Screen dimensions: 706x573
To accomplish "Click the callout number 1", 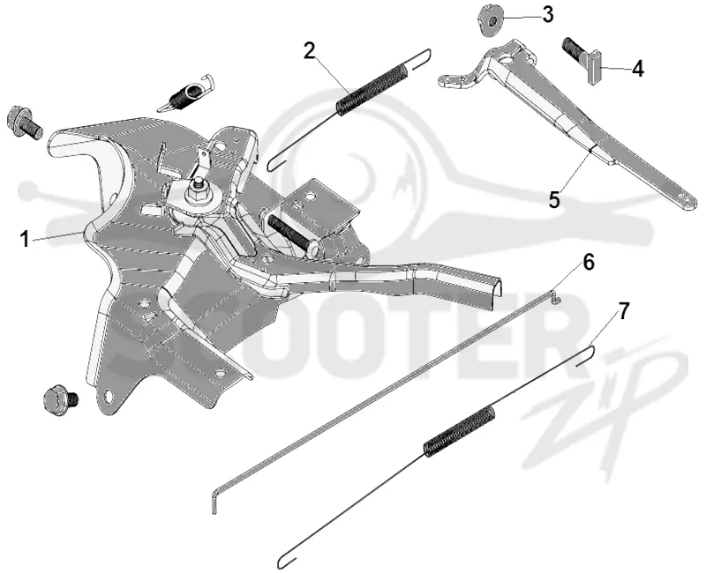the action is pos(25,239).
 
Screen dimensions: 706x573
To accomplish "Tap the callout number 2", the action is pos(309,51).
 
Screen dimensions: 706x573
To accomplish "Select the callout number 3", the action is pos(547,14).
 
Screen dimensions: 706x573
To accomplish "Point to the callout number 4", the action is pos(637,69).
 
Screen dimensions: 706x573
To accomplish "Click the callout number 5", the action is pos(554,199).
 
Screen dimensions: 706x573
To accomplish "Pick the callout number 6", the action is pos(589,263).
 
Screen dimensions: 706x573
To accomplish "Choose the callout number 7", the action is pos(623,311).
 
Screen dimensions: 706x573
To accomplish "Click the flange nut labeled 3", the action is pos(489,20).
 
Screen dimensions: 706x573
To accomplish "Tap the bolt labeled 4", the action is pos(582,60).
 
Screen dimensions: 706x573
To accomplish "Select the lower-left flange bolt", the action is pos(60,400).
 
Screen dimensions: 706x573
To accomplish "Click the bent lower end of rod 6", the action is pos(214,502).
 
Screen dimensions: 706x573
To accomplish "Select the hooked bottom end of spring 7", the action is pos(287,562).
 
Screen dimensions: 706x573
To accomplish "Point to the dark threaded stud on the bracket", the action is pos(290,231).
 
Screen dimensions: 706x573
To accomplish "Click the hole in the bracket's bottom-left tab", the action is pos(108,395).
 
